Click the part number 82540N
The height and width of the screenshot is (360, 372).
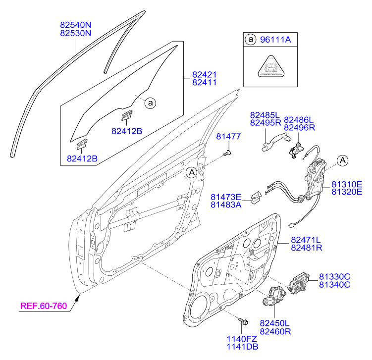76,24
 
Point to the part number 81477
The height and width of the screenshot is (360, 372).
228,137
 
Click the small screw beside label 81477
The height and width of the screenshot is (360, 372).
228,154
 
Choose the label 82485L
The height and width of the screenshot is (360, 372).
265,114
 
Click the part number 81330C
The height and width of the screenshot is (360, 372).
334,276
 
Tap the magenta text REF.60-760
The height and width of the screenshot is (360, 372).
43,306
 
